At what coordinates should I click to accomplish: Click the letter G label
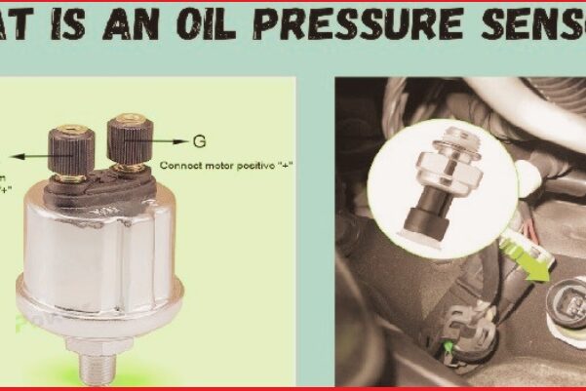(x=200, y=140)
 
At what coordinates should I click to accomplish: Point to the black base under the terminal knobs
(x=98, y=190)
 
